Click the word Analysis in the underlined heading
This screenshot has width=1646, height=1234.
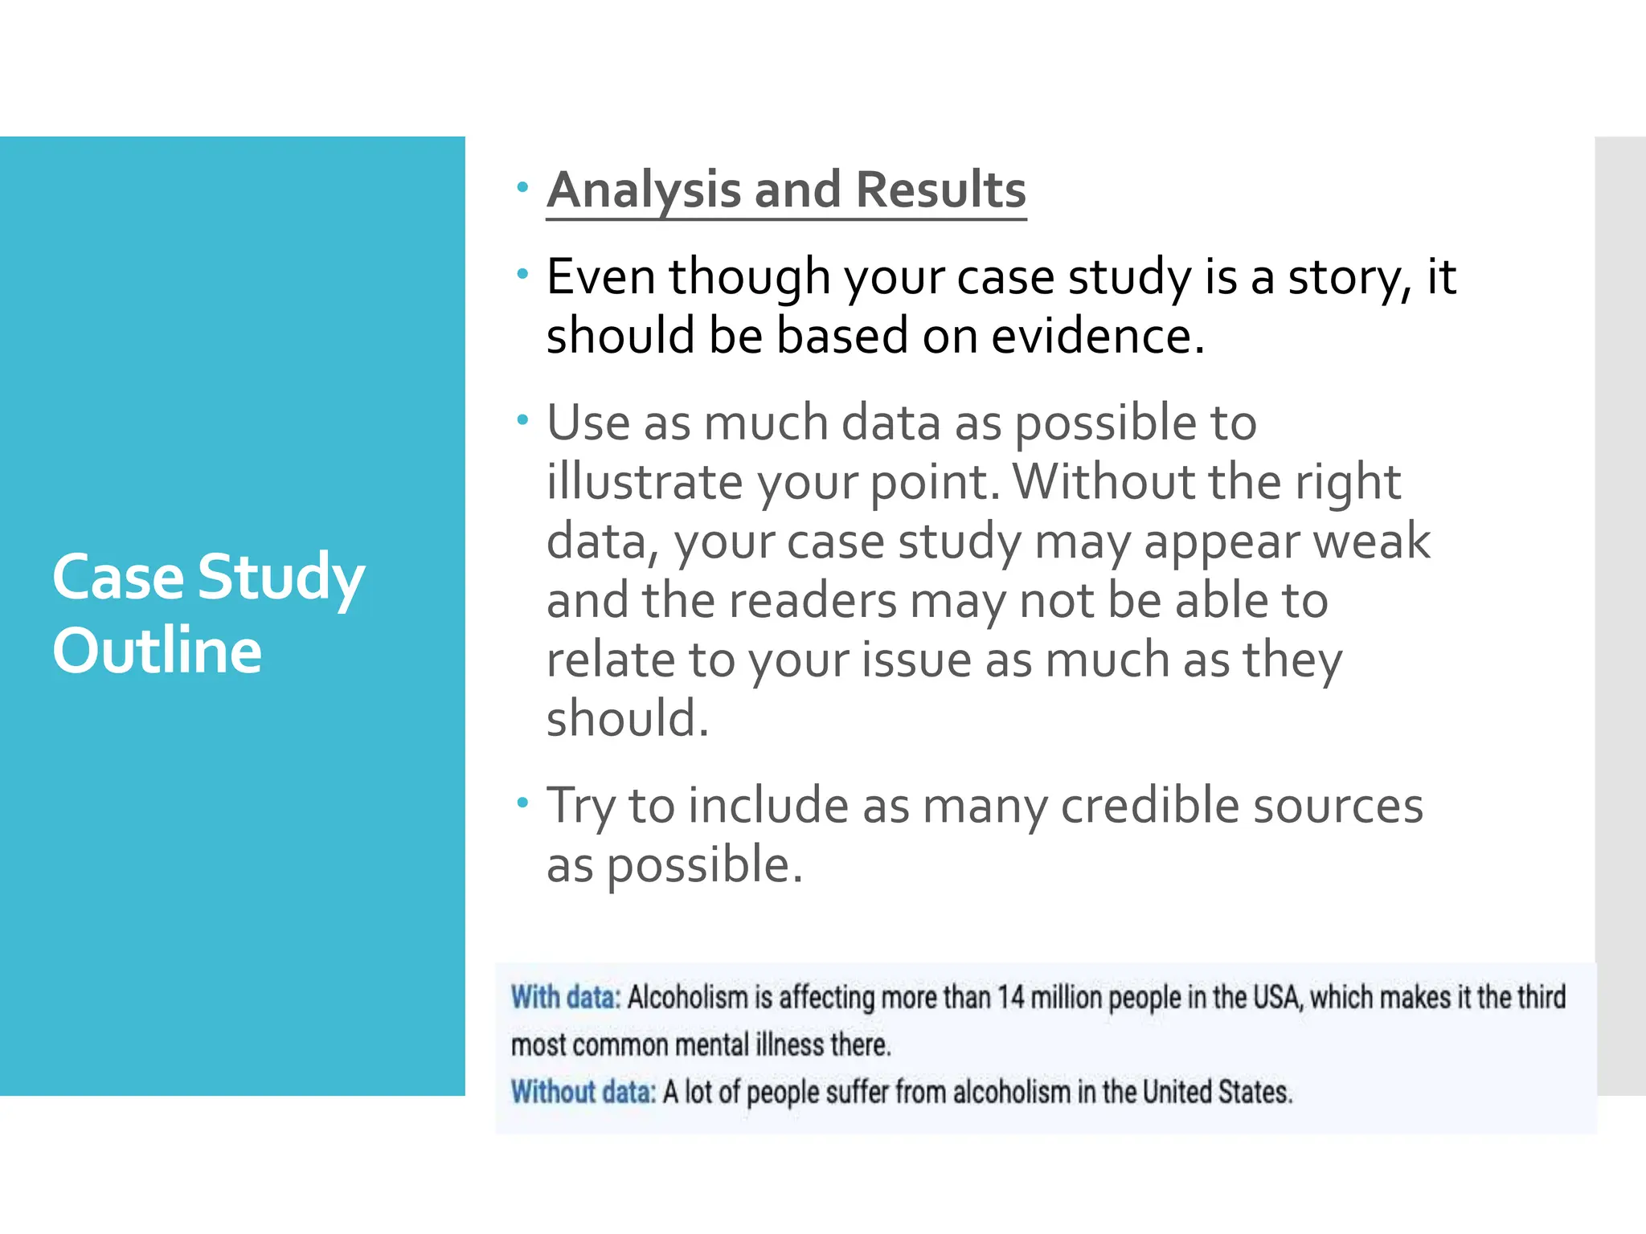tap(642, 191)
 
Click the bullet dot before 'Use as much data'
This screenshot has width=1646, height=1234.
tap(523, 419)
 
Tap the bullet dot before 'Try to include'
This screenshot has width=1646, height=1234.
tap(523, 802)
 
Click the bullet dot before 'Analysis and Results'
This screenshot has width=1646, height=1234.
tap(523, 187)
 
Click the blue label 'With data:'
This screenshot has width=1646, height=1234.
tap(566, 997)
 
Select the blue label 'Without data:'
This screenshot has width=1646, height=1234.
tap(583, 1092)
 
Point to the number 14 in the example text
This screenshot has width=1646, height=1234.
tap(1010, 997)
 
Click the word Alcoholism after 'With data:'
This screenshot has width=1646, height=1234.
tap(687, 997)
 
